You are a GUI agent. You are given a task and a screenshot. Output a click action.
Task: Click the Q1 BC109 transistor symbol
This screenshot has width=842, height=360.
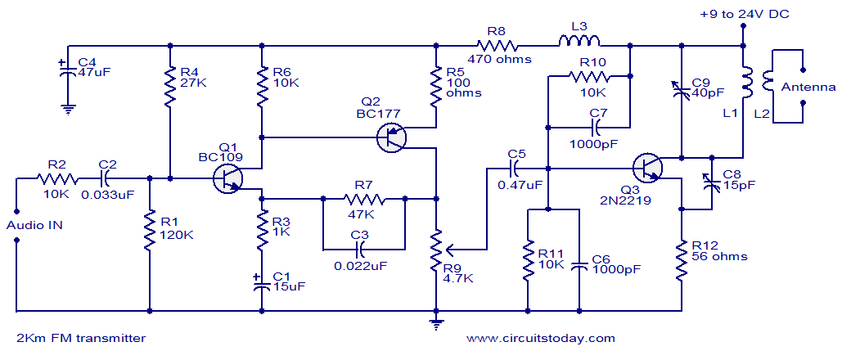click(x=227, y=178)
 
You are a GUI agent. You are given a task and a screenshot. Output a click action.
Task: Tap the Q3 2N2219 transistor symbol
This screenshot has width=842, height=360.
click(x=647, y=168)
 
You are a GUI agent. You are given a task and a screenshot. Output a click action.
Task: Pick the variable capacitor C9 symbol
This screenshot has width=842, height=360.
click(x=682, y=90)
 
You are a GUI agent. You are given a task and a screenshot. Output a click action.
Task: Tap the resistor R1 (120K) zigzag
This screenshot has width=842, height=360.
click(x=151, y=232)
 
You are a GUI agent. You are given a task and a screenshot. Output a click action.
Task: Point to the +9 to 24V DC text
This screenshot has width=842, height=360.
click(x=745, y=14)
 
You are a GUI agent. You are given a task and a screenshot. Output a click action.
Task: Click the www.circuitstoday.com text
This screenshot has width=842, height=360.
click(x=540, y=337)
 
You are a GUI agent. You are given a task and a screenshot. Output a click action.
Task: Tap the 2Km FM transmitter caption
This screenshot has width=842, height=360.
click(x=81, y=337)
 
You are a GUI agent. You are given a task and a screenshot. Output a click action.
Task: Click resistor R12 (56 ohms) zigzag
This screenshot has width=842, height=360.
click(x=682, y=261)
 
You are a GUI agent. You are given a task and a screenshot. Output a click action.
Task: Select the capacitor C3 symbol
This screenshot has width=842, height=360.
click(x=363, y=246)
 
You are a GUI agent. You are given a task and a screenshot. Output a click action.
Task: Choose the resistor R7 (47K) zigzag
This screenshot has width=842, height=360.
click(x=364, y=198)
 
